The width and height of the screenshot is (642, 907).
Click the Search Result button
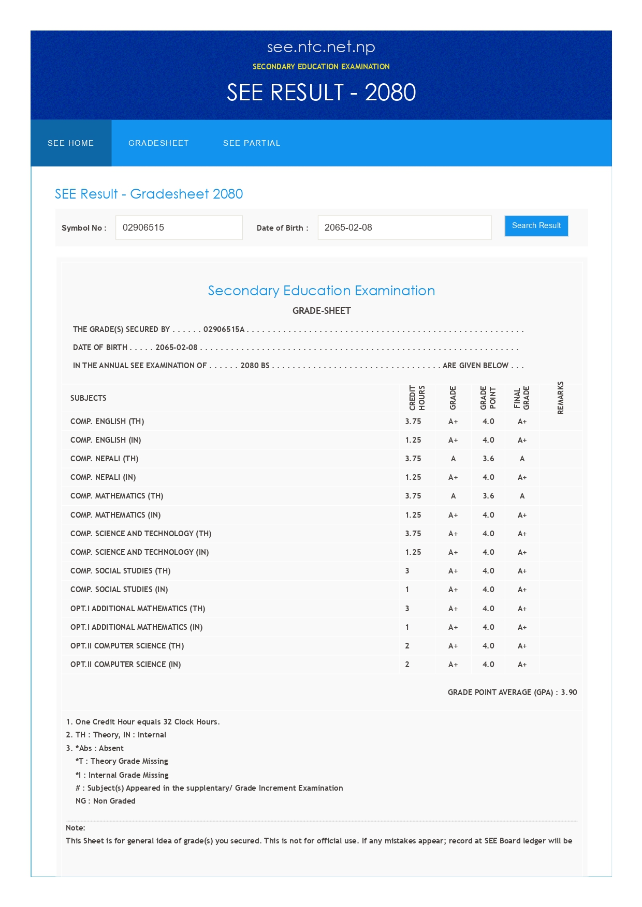click(x=536, y=226)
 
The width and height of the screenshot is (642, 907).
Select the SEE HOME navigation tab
click(x=71, y=143)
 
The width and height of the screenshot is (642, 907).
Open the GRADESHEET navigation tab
click(x=158, y=143)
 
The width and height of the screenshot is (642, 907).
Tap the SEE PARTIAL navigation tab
click(x=252, y=143)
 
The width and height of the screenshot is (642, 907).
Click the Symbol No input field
click(x=179, y=228)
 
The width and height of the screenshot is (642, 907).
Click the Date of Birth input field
click(x=404, y=228)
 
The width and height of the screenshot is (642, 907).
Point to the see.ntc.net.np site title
click(x=321, y=47)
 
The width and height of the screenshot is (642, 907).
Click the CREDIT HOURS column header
click(x=417, y=398)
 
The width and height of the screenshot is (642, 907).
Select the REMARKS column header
click(x=560, y=398)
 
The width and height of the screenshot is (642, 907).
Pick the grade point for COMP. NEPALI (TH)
click(x=488, y=459)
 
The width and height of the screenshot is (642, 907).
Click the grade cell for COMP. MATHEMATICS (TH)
click(x=453, y=496)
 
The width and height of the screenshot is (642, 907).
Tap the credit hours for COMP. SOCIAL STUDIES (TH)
click(x=407, y=571)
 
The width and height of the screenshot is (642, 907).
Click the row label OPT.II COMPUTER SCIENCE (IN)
click(x=126, y=664)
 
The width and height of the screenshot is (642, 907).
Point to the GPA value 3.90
click(x=569, y=692)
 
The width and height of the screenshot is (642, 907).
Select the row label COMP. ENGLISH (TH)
click(x=107, y=421)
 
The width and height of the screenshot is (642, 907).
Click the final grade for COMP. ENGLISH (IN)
click(x=522, y=440)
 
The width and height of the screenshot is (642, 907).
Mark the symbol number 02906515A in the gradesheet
click(x=224, y=329)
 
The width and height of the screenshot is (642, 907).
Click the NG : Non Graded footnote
click(x=106, y=801)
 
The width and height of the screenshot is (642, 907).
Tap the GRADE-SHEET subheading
click(x=322, y=311)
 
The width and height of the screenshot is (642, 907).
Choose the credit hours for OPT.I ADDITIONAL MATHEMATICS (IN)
click(x=407, y=627)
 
